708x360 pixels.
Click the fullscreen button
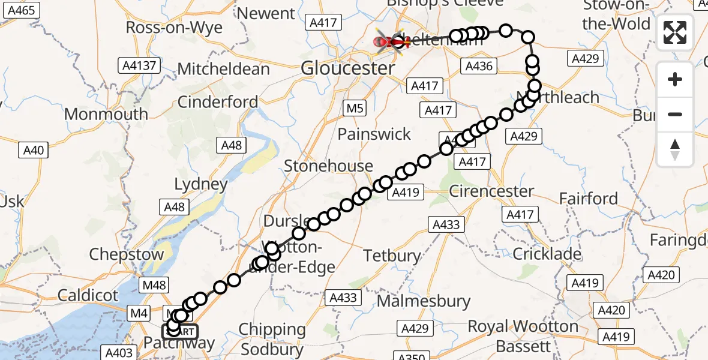click(675, 32)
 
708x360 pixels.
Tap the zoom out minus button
click(675, 114)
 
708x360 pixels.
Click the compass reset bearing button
click(675, 150)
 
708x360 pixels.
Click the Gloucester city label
click(348, 68)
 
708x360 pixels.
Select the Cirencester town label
click(491, 191)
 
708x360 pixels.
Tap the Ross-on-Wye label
click(174, 28)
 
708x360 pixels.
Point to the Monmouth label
click(106, 114)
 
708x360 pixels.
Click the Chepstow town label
click(126, 254)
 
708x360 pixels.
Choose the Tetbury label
click(392, 256)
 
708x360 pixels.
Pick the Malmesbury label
click(414, 301)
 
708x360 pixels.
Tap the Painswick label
click(374, 134)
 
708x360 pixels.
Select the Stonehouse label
click(328, 166)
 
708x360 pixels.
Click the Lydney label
click(200, 184)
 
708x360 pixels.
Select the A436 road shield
click(480, 66)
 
